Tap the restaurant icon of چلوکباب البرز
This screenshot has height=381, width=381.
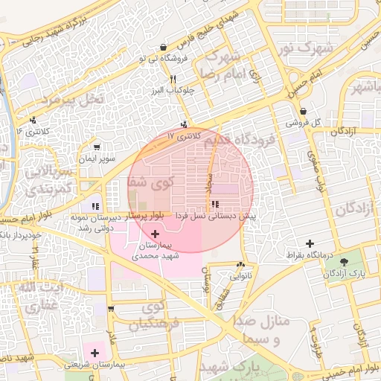[x=173, y=79]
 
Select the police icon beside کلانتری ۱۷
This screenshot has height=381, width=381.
[x=184, y=125]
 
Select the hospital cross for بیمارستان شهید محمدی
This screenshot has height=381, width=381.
[x=155, y=234]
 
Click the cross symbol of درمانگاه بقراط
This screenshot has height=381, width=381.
[x=310, y=243]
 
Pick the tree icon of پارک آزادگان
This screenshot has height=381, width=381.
[x=345, y=262]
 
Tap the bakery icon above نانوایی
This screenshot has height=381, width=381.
[x=240, y=265]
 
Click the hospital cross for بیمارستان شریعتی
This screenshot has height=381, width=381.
[x=95, y=352]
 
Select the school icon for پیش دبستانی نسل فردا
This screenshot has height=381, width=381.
[x=215, y=204]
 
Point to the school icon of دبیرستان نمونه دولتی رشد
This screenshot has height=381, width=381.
[x=95, y=206]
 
